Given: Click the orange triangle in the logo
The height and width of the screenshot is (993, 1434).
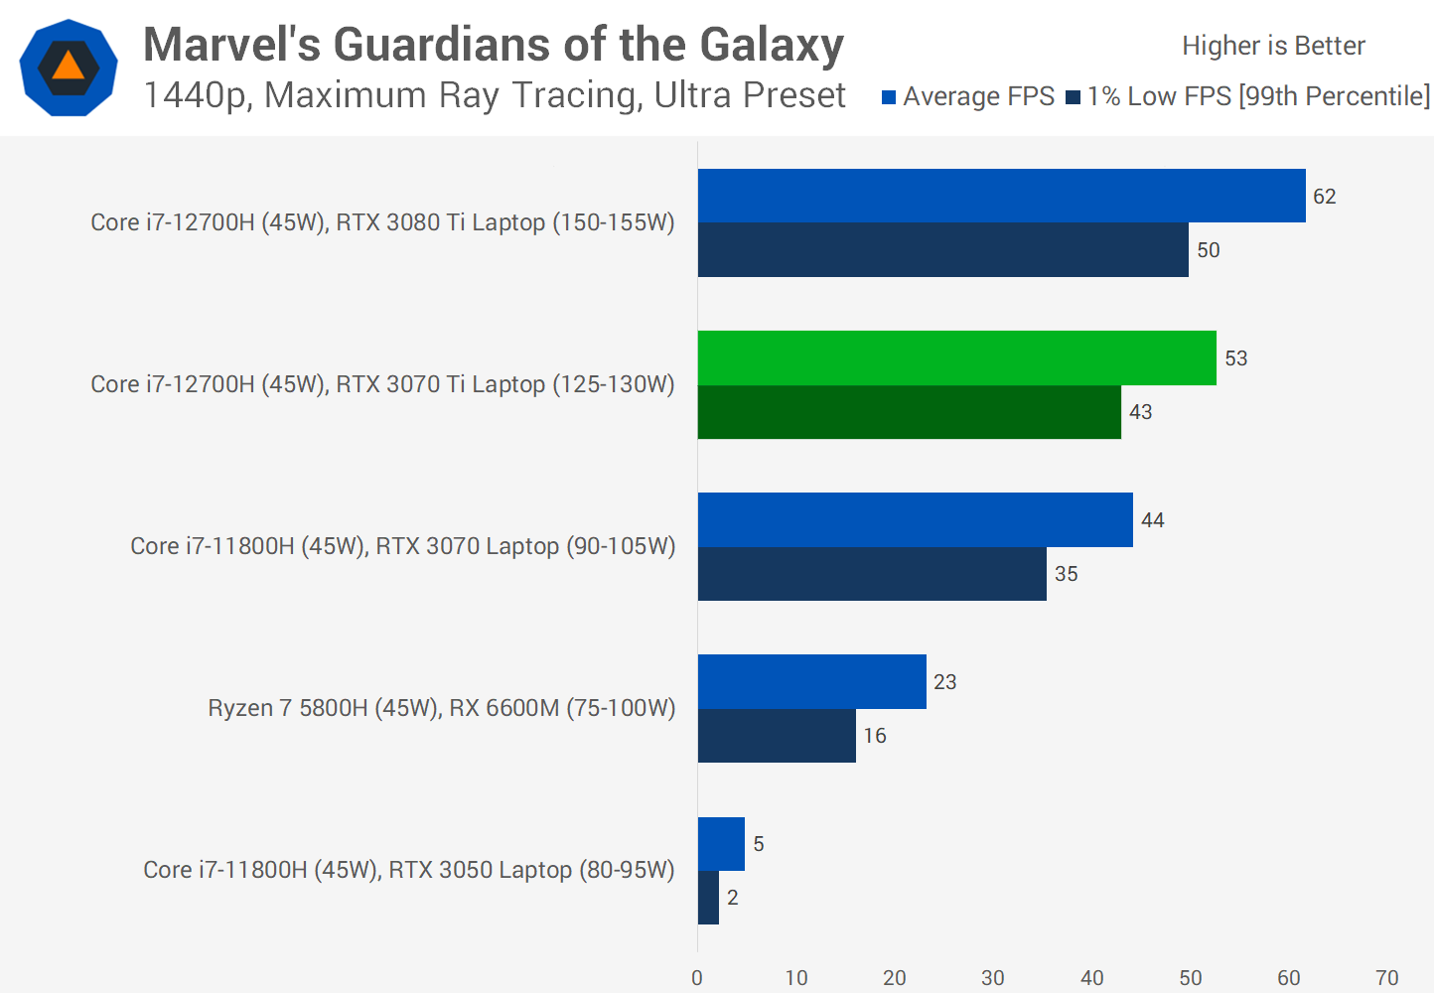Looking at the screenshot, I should pyautogui.click(x=68, y=67).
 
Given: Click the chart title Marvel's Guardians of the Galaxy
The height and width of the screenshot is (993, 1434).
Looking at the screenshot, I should pyautogui.click(x=494, y=45).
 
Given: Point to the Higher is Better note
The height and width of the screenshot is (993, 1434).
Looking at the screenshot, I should pyautogui.click(x=1273, y=46).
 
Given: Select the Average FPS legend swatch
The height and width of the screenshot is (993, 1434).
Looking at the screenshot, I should pyautogui.click(x=889, y=97).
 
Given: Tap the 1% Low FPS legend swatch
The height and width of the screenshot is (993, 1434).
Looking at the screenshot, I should pyautogui.click(x=1073, y=97).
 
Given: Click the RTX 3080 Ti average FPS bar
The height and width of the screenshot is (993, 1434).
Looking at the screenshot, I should pyautogui.click(x=1001, y=196).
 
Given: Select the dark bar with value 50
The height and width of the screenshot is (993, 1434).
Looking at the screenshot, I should pyautogui.click(x=942, y=249).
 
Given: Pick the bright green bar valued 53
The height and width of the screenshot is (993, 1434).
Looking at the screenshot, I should pyautogui.click(x=956, y=357).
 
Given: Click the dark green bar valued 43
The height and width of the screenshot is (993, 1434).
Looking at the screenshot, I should pyautogui.click(x=909, y=412).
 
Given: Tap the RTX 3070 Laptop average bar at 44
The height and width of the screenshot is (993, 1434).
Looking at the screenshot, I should pyautogui.click(x=915, y=519).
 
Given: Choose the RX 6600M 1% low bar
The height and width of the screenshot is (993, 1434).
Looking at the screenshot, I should pyautogui.click(x=777, y=736).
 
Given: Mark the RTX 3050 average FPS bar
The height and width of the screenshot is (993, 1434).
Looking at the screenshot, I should pyautogui.click(x=721, y=844).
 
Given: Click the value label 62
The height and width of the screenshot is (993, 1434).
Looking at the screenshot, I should pyautogui.click(x=1324, y=197).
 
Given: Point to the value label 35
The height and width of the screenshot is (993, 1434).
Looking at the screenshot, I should pyautogui.click(x=1066, y=574).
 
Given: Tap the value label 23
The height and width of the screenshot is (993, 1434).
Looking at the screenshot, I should pyautogui.click(x=944, y=682).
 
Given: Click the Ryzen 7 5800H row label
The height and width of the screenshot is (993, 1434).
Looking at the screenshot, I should pyautogui.click(x=441, y=708).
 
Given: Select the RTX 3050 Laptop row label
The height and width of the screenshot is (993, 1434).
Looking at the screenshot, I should pyautogui.click(x=408, y=870).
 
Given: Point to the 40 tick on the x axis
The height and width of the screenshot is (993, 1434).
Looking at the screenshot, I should pyautogui.click(x=1091, y=978).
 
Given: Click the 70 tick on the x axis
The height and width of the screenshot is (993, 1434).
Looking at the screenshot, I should pyautogui.click(x=1386, y=978).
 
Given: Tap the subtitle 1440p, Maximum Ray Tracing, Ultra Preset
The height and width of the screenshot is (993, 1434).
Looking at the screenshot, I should pyautogui.click(x=494, y=95).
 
